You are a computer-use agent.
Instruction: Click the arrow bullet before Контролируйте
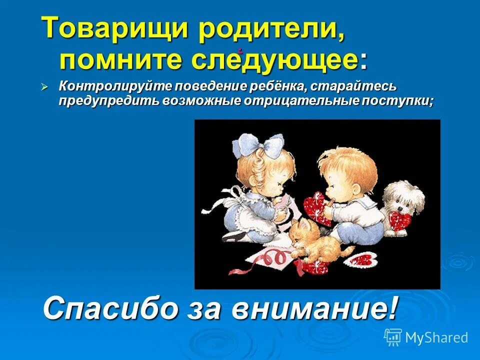44,87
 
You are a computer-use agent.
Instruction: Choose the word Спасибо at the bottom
110,308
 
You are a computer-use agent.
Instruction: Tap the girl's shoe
235,235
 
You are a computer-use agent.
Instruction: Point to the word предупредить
109,100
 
